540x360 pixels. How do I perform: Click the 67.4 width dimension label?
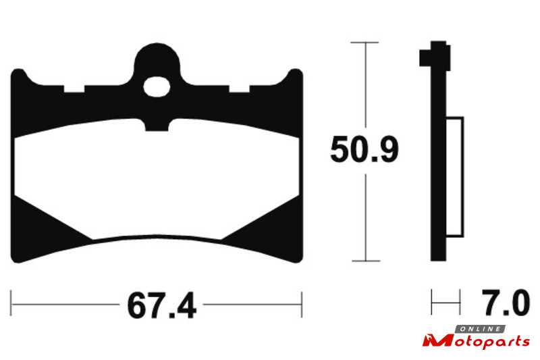[161, 305]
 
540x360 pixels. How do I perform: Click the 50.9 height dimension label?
[364, 149]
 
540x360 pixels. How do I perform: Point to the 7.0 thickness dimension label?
[505, 303]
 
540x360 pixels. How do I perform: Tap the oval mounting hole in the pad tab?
[157, 87]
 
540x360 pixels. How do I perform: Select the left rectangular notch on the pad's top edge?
[74, 89]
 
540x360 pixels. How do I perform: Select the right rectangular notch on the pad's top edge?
[240, 89]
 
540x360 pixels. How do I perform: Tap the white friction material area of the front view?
[157, 179]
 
